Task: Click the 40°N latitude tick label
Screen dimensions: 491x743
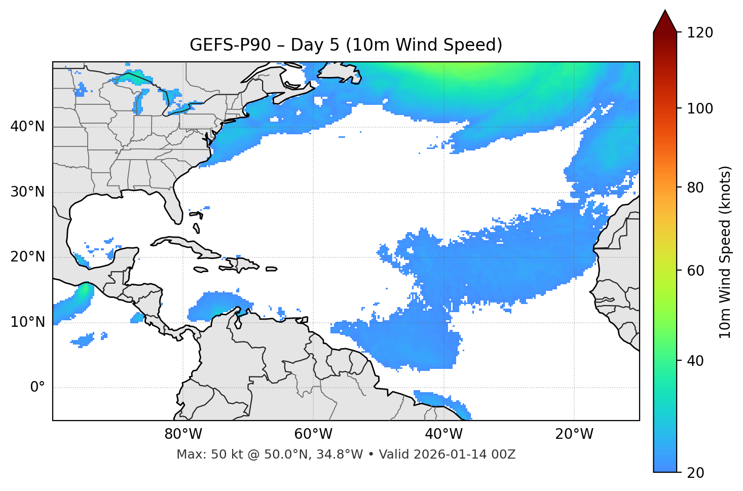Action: (x=27, y=127)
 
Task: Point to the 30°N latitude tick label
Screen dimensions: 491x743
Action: (x=27, y=192)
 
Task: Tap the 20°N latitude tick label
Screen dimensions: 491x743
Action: (x=27, y=257)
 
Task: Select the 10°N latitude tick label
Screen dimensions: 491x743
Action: (x=27, y=322)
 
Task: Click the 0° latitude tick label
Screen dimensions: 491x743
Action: (x=38, y=388)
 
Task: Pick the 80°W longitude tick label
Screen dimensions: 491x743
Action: (x=183, y=434)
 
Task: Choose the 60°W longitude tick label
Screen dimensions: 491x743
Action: (x=313, y=434)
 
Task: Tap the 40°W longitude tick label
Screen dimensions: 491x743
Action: (x=444, y=434)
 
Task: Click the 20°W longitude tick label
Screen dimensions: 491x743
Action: (x=574, y=434)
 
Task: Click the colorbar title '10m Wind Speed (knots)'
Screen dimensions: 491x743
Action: (x=725, y=252)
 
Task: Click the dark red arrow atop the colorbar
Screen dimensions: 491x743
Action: (x=665, y=21)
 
